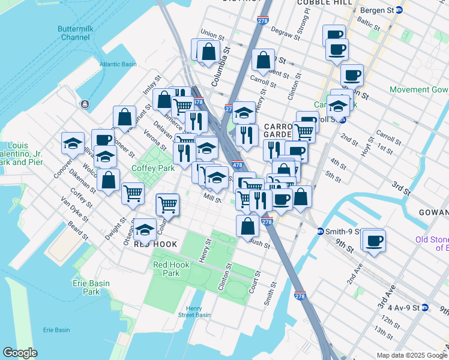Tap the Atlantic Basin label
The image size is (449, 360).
point(119,64)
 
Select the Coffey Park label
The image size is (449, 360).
point(152,169)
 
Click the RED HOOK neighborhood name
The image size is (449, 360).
point(155,244)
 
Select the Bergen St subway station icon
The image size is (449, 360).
point(406,10)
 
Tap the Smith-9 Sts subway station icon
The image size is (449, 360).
point(321,231)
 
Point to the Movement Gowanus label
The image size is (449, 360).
point(418,89)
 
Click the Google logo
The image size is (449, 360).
point(20,352)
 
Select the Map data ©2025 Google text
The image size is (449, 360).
point(411,355)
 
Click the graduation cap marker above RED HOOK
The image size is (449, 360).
point(145,229)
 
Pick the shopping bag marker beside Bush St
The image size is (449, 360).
point(248,226)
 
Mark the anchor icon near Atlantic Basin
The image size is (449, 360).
point(82,104)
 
